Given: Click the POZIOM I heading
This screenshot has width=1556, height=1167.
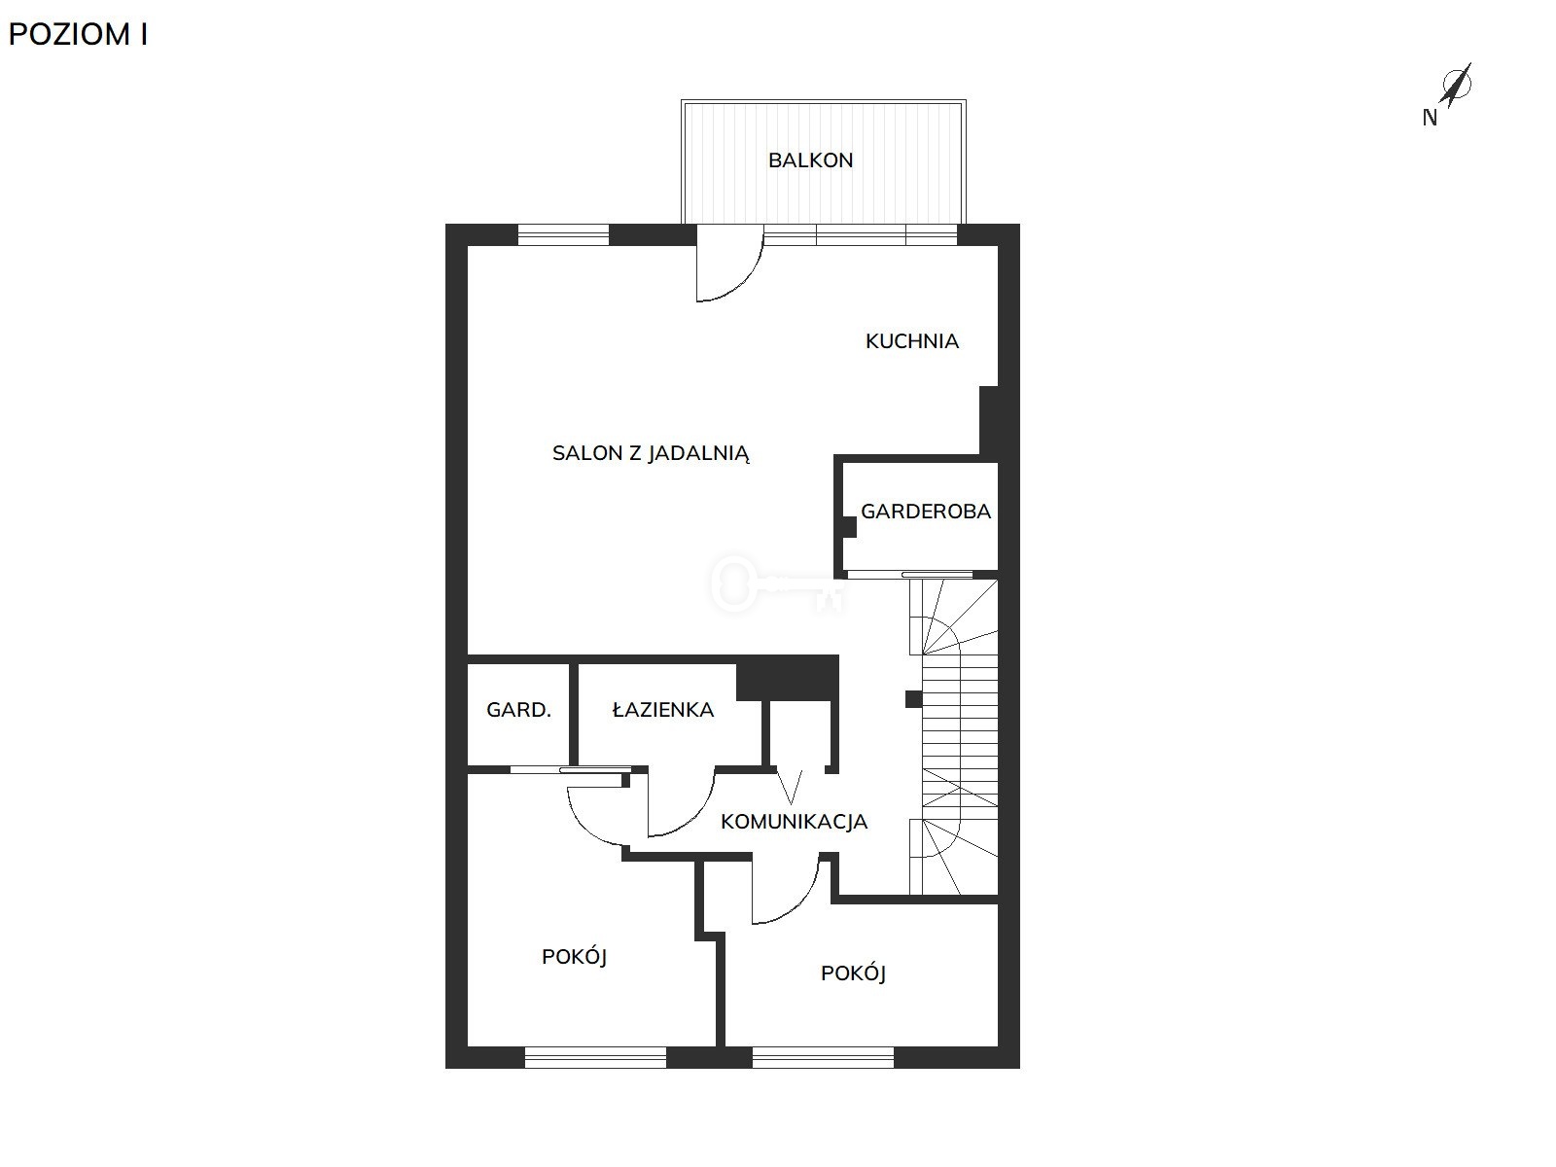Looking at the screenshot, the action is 78,35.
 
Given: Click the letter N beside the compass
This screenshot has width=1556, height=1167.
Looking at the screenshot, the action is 1430,119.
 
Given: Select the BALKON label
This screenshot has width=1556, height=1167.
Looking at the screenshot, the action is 810,160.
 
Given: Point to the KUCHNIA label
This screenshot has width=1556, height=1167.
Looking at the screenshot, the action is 911,341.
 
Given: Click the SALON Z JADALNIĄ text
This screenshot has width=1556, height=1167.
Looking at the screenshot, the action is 651,453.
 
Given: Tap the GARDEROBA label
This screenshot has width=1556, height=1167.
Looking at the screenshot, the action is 926,511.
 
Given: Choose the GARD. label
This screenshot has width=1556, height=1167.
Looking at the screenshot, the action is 519,709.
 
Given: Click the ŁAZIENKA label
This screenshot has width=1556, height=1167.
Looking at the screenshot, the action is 663,709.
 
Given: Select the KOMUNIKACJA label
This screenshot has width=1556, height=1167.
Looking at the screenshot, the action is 794,821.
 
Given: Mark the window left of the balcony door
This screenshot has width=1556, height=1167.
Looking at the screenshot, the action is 563,234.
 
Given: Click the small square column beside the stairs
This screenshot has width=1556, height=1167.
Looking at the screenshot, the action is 914,699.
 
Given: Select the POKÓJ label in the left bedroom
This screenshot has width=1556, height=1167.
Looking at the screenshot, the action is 574,957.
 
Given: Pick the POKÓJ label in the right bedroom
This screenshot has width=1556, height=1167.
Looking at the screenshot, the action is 854,973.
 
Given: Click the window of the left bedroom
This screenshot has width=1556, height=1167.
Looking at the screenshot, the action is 595,1056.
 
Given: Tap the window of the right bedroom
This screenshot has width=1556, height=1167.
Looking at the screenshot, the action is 823,1056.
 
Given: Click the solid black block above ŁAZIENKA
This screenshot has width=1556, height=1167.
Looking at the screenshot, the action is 788,678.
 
